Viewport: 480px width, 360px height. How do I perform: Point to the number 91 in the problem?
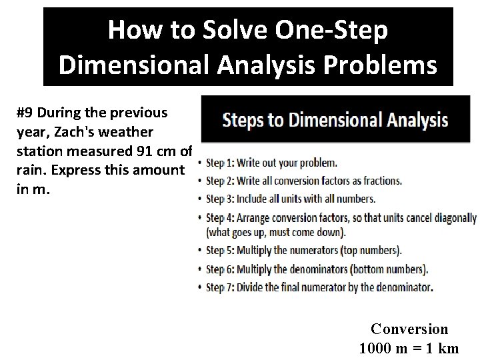(145, 151)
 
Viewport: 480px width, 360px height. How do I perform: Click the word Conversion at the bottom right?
(409, 329)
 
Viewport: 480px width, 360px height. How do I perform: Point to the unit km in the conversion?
(449, 348)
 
